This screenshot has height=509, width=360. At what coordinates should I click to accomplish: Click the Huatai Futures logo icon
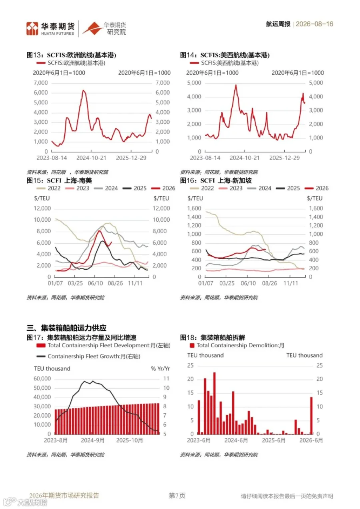[x=32, y=28]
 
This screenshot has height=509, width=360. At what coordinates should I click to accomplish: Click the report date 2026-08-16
[x=314, y=24]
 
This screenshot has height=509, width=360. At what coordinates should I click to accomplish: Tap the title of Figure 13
[x=71, y=55]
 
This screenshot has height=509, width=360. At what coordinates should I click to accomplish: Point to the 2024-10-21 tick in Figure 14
[x=245, y=158]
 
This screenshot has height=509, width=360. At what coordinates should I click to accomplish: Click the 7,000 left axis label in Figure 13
[x=41, y=83]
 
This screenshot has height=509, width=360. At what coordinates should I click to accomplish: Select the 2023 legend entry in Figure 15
[x=77, y=188]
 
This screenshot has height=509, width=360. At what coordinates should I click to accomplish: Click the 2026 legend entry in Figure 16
[x=316, y=188]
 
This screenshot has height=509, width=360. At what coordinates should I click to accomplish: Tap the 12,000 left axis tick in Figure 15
[x=42, y=208]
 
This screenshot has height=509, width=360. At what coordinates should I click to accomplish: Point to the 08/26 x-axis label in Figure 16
[x=269, y=283]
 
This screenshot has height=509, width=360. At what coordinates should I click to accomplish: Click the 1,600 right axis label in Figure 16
[x=316, y=208]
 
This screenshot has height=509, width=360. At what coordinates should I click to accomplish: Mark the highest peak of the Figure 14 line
[x=236, y=85]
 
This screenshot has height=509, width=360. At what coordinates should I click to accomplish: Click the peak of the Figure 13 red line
[x=83, y=90]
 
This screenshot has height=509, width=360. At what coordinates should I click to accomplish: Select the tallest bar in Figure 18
[x=214, y=403]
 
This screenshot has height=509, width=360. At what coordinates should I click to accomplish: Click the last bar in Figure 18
[x=311, y=416]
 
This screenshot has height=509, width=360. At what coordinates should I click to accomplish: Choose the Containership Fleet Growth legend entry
[x=88, y=356]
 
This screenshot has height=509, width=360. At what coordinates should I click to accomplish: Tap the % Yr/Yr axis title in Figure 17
[x=160, y=369]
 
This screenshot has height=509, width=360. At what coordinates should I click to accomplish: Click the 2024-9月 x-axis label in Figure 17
[x=93, y=441]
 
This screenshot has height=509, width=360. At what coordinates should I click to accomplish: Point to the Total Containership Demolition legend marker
[x=192, y=345]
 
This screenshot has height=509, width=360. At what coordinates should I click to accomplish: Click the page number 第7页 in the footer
[x=177, y=495]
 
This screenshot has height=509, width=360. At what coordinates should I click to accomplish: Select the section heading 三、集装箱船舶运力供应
[x=66, y=328]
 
